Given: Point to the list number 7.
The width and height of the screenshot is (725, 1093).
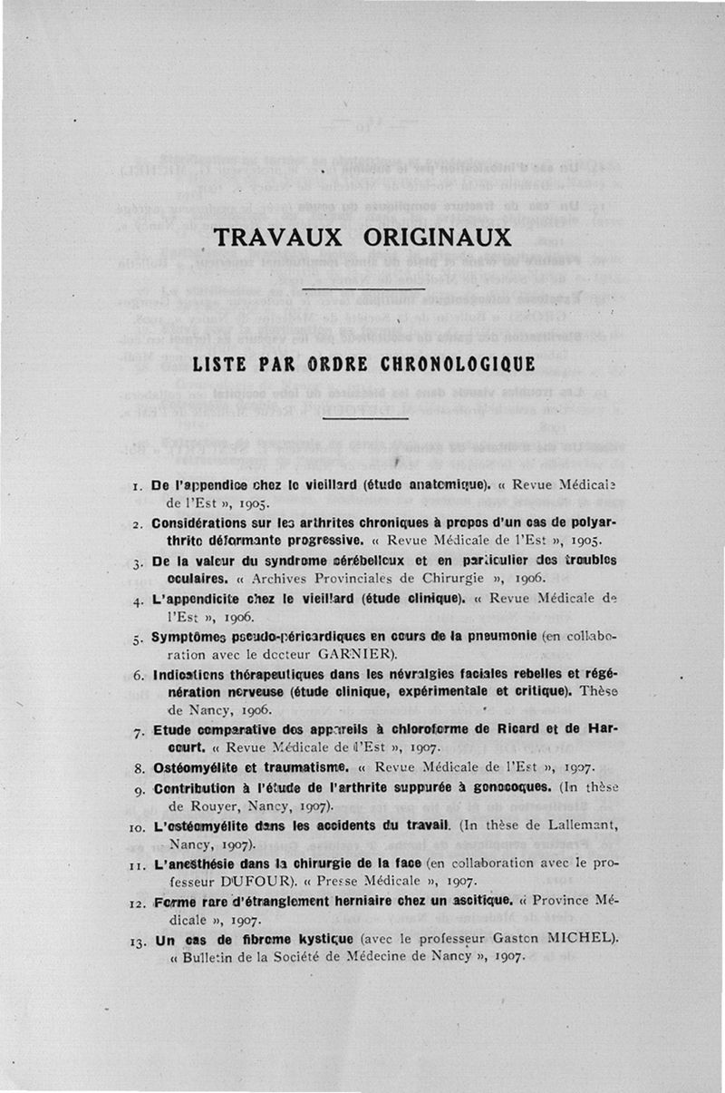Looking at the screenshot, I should point(137,731).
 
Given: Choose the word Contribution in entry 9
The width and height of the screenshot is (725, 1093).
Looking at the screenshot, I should point(202,788).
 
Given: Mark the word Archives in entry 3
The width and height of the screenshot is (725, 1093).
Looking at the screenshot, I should point(285,578).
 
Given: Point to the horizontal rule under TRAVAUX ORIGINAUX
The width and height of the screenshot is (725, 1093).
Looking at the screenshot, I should point(362,288).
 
